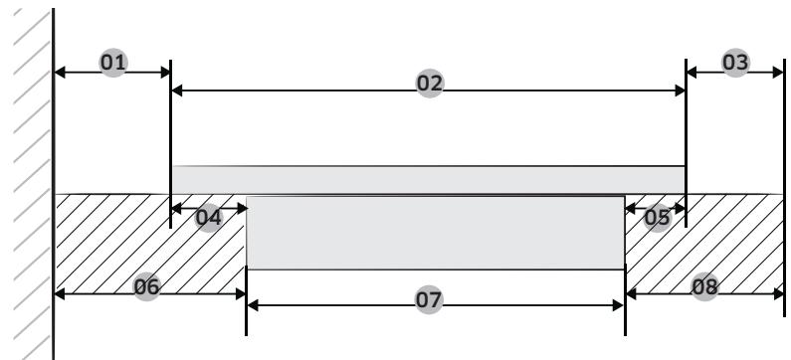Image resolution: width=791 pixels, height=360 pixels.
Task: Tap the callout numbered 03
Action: pyautogui.click(x=734, y=62)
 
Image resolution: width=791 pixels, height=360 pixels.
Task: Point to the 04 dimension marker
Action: pyautogui.click(x=208, y=217)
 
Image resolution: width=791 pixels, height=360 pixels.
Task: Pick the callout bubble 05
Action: pyautogui.click(x=657, y=217)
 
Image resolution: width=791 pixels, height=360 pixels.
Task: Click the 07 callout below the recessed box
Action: pyautogui.click(x=430, y=297)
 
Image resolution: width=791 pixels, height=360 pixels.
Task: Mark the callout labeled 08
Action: pyautogui.click(x=703, y=287)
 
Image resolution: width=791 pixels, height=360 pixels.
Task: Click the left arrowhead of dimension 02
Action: pyautogui.click(x=177, y=90)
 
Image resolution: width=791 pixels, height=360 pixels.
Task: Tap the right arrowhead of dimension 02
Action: pyautogui.click(x=680, y=90)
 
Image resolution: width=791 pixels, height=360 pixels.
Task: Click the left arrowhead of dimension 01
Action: pyautogui.click(x=59, y=72)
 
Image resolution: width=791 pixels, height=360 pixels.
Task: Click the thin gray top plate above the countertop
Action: pyautogui.click(x=428, y=179)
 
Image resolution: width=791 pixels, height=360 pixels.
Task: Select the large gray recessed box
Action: pyautogui.click(x=435, y=233)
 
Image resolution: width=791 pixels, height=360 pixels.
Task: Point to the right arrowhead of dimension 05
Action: pyautogui.click(x=680, y=209)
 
